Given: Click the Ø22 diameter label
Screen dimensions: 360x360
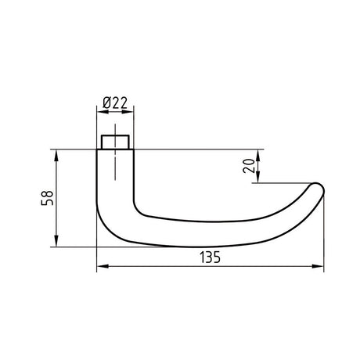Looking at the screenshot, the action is [x=115, y=103].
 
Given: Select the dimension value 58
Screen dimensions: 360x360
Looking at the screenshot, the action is [x=47, y=198].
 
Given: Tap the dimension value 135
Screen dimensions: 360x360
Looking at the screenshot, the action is [x=211, y=257].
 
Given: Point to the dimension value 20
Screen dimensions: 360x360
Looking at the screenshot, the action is [x=249, y=166].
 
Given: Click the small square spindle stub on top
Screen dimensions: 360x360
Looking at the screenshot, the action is [x=115, y=142].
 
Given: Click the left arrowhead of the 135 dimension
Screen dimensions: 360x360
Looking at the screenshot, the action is [x=103, y=266].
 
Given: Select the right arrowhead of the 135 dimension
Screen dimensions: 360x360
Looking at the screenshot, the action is [x=318, y=266].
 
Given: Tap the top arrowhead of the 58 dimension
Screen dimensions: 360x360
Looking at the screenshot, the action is [x=56, y=156].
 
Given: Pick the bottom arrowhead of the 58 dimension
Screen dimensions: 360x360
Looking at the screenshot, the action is [x=56, y=240].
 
